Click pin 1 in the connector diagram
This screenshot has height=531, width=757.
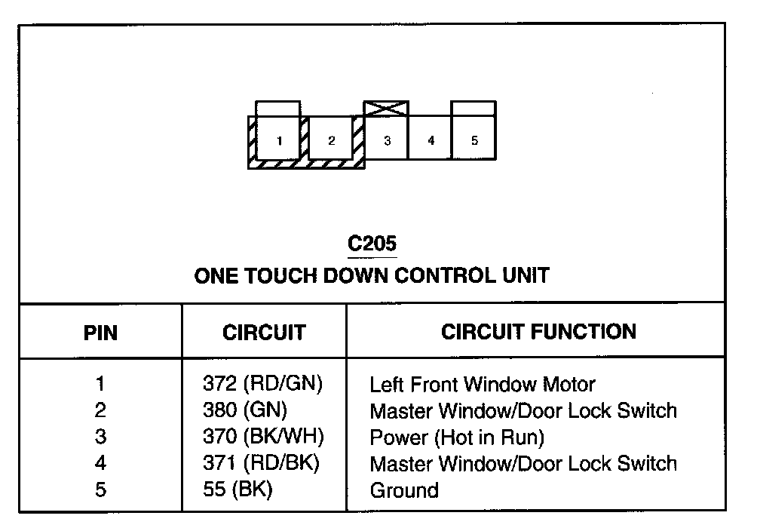point(279,140)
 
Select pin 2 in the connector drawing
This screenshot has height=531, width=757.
point(331,140)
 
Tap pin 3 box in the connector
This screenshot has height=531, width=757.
point(386,140)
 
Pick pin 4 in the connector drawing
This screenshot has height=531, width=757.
point(431,140)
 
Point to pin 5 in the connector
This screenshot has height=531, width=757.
point(474,140)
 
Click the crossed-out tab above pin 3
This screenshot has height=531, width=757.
point(386,109)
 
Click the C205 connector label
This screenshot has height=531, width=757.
point(372,244)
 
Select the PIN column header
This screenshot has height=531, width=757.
point(100,333)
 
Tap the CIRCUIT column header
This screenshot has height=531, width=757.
point(264,333)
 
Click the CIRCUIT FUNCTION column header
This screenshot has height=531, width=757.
point(538,331)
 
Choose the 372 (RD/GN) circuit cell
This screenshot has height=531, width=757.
point(262,384)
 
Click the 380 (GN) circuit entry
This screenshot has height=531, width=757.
point(245,410)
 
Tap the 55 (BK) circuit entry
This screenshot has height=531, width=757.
point(238,490)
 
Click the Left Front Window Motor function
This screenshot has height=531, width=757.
point(482,385)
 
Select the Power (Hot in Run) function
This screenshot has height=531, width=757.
point(456,437)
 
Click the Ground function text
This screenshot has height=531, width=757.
point(403,490)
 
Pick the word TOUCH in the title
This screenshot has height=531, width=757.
point(282,275)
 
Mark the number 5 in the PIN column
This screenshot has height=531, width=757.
point(100,490)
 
